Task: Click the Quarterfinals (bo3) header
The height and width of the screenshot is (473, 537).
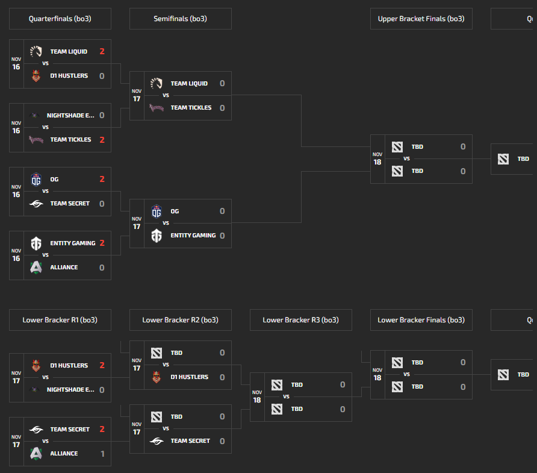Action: point(60,19)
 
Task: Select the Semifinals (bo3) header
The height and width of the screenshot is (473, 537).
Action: point(180,19)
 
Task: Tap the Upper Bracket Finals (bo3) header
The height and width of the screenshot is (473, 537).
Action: point(421,19)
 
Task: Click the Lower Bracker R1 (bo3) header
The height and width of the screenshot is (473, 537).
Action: point(60,320)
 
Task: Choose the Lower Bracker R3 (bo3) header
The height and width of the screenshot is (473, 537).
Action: point(300,320)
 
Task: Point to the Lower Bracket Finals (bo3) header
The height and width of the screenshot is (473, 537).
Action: point(421,320)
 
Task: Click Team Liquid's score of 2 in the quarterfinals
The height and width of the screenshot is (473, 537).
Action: point(102,52)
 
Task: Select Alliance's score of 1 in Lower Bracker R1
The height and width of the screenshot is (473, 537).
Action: point(102,454)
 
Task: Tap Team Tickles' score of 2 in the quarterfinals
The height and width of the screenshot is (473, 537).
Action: point(102,140)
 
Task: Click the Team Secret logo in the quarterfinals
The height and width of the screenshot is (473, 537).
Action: point(36,204)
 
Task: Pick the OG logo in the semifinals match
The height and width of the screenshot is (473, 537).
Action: point(157,211)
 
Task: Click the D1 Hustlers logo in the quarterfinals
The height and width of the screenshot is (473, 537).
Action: point(36,76)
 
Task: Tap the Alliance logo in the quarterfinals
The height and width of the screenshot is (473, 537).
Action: point(36,268)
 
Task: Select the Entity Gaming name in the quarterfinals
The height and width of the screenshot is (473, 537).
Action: point(73,243)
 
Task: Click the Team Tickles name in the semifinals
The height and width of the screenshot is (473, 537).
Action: point(191,108)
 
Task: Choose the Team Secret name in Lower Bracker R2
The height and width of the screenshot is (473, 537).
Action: point(190,441)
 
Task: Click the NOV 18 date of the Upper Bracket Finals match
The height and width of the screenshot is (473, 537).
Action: point(377,159)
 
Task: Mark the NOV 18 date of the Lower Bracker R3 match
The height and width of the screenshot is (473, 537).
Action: point(257,397)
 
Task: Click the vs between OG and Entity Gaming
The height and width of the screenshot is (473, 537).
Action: point(166,223)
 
